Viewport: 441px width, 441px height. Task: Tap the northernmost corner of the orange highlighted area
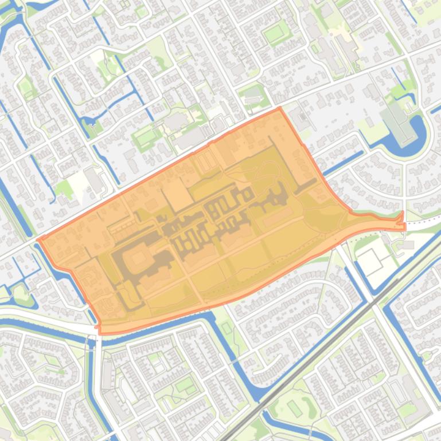280,108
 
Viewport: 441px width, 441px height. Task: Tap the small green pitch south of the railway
294,408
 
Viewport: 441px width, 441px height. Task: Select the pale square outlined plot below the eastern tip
369,261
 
